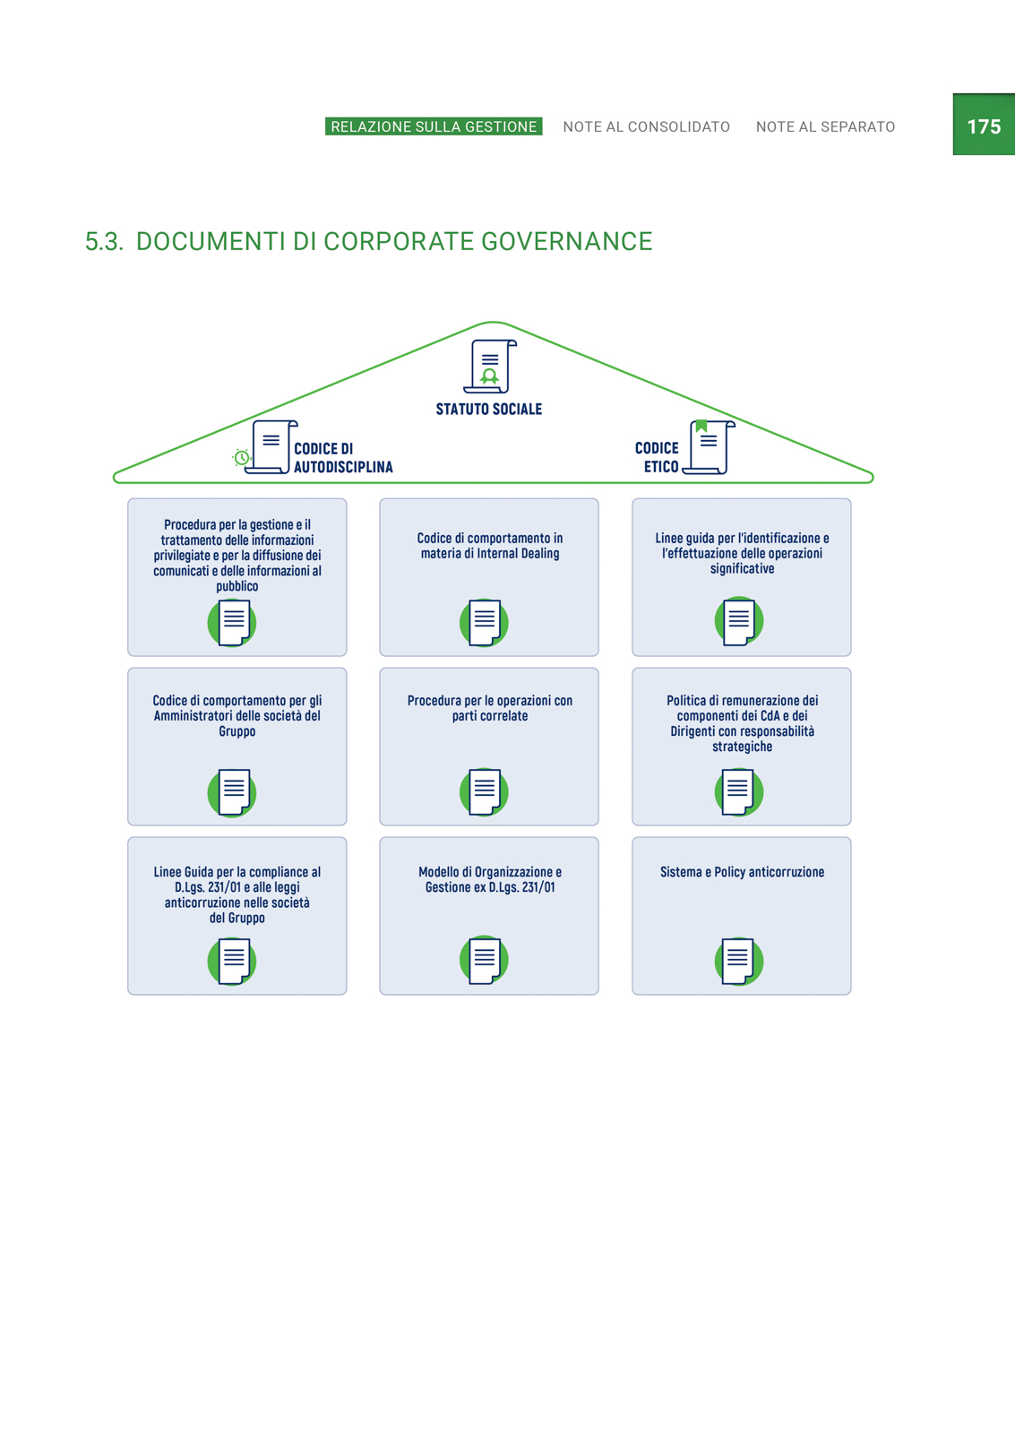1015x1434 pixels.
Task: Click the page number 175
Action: click(x=984, y=126)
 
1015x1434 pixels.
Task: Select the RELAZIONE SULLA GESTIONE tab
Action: click(x=434, y=126)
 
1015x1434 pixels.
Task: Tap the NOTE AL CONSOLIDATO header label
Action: click(x=647, y=126)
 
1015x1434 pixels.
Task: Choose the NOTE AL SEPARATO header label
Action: click(x=826, y=126)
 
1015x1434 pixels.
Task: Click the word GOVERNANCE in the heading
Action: click(x=566, y=241)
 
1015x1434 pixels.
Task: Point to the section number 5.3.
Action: click(x=104, y=241)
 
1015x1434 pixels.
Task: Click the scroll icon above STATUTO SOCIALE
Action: click(x=490, y=367)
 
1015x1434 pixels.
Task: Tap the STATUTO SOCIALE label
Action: click(x=489, y=409)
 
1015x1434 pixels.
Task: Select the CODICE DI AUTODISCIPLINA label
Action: click(x=343, y=458)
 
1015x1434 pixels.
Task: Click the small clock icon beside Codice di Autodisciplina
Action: click(x=241, y=457)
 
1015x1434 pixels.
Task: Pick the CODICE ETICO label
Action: click(x=657, y=457)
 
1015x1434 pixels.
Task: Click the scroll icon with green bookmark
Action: click(x=710, y=447)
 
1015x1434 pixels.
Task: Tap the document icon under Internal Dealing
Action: click(x=484, y=622)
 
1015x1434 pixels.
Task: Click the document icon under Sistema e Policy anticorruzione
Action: click(x=738, y=961)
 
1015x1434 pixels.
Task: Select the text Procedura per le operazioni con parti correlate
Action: click(x=489, y=708)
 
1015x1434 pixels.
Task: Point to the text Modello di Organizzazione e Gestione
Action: click(x=489, y=879)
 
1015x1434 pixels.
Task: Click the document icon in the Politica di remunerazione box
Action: click(x=738, y=792)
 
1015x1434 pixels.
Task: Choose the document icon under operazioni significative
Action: click(x=738, y=621)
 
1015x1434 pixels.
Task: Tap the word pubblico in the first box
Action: click(x=237, y=586)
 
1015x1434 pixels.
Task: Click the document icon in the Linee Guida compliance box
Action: click(x=232, y=961)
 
